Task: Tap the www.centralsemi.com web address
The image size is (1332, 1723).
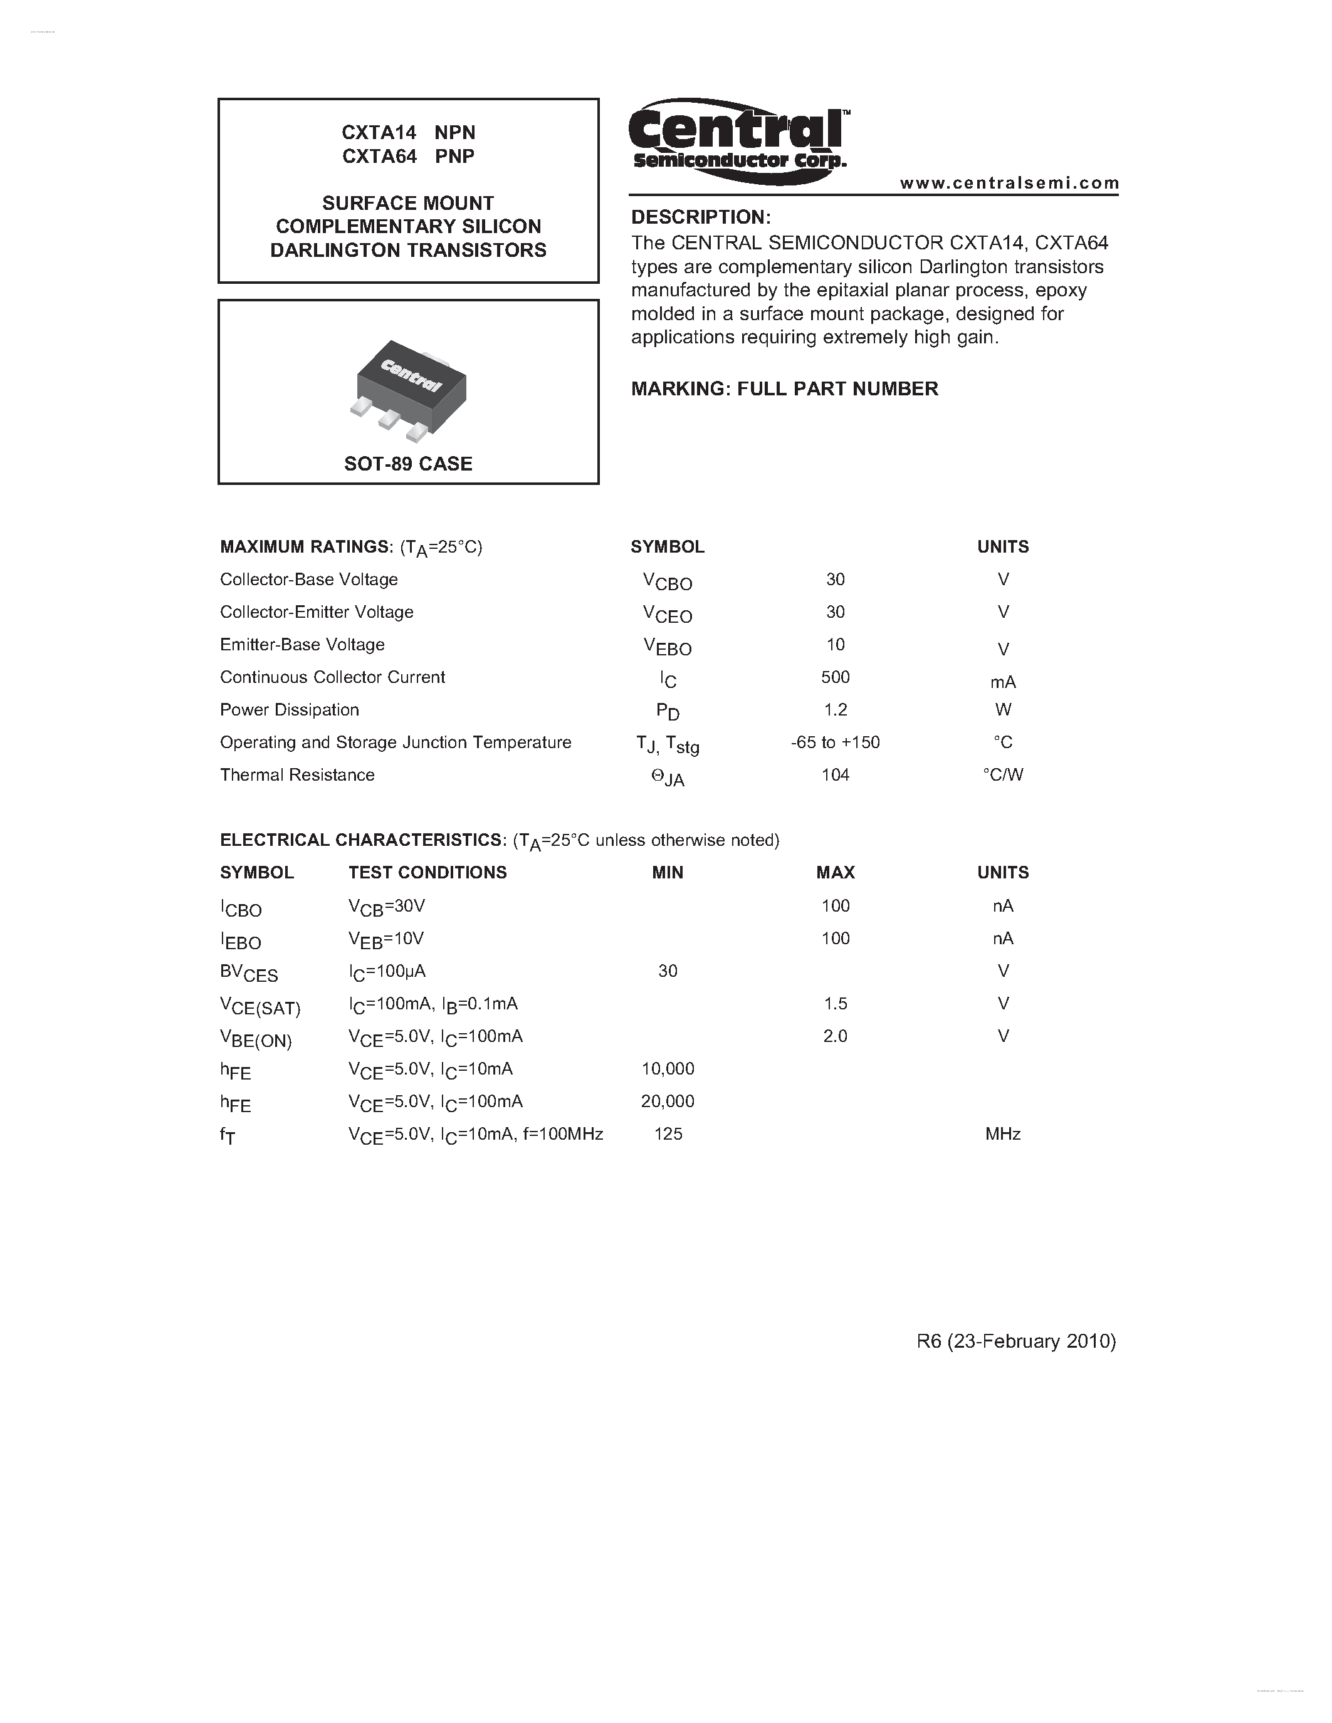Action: pyautogui.click(x=1009, y=183)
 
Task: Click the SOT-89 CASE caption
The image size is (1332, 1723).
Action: pyautogui.click(x=408, y=464)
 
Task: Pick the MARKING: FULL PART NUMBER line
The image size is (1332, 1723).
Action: pyautogui.click(x=784, y=389)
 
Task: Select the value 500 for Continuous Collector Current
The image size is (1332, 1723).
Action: pyautogui.click(x=835, y=677)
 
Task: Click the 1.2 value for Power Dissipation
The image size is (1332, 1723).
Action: pyautogui.click(x=835, y=709)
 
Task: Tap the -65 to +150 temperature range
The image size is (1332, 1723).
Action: pyautogui.click(x=835, y=742)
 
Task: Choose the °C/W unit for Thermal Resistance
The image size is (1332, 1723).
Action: pyautogui.click(x=1002, y=774)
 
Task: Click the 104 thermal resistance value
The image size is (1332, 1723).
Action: pyautogui.click(x=835, y=774)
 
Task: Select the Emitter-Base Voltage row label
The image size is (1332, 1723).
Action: pyautogui.click(x=302, y=645)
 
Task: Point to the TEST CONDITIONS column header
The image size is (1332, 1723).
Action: pyautogui.click(x=427, y=873)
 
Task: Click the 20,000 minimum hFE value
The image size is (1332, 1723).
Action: pyautogui.click(x=668, y=1101)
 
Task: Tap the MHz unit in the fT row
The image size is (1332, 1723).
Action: pyautogui.click(x=1002, y=1133)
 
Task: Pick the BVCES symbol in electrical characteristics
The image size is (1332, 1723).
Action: pyautogui.click(x=249, y=973)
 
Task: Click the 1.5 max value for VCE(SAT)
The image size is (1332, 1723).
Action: pyautogui.click(x=835, y=1004)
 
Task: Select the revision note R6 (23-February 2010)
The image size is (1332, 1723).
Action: pyautogui.click(x=1015, y=1341)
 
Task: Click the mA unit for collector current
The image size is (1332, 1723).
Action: pyautogui.click(x=1002, y=682)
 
